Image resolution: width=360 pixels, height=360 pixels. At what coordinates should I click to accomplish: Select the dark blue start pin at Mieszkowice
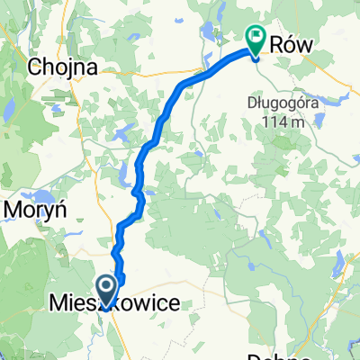106,290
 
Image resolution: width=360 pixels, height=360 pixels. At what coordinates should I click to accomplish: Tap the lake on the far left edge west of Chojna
7,105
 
